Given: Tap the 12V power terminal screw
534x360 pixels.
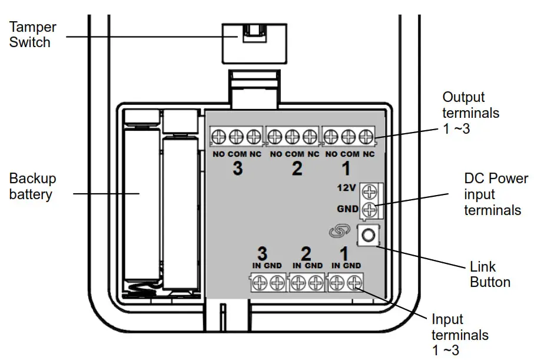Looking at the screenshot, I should coord(370,191).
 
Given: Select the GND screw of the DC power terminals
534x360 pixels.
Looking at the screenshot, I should coord(370,209).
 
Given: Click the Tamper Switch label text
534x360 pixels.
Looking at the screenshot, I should coord(33,35).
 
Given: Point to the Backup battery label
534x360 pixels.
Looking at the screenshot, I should coord(32,186).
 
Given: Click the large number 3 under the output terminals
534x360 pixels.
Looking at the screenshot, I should coord(237,169).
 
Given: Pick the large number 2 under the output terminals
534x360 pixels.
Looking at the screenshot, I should coord(297,169).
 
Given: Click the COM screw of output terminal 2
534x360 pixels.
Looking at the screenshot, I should coord(292,138).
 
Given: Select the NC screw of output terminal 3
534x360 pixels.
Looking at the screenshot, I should coord(253,138).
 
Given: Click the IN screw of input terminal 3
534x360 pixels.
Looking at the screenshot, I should coord(257,283).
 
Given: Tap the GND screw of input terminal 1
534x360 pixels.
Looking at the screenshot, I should coord(353,283).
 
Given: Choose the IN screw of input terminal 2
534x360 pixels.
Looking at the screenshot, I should coord(297,283).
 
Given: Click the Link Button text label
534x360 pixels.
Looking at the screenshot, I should coord(489,274).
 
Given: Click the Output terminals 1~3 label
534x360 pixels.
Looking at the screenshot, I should coord(470,113).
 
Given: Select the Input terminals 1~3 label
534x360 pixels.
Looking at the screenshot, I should coord(460,335).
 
